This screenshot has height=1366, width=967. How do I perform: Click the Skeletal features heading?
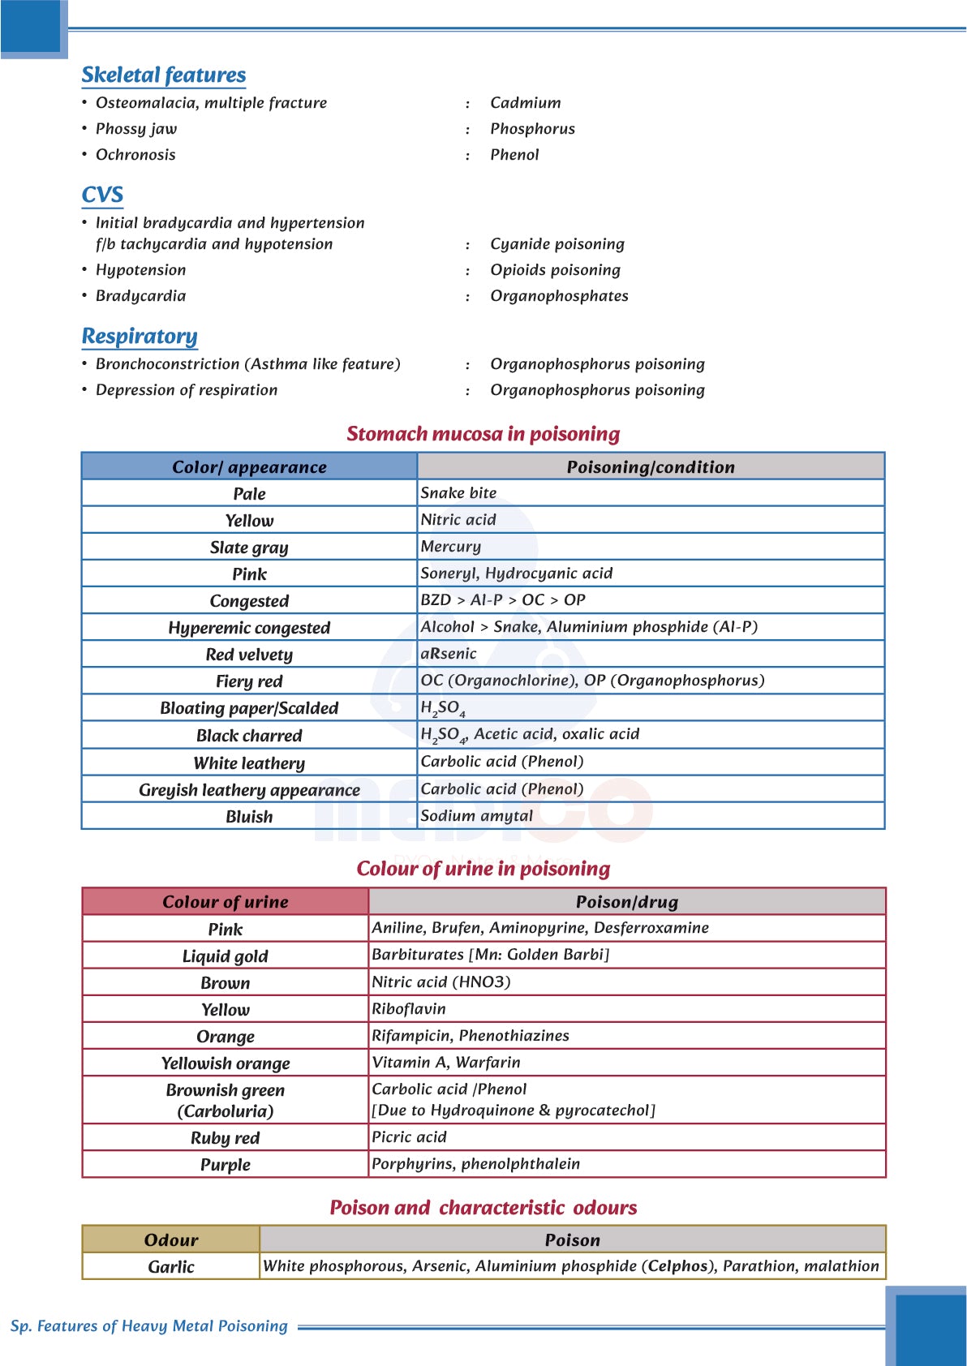point(163,75)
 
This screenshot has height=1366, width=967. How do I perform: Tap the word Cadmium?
point(525,103)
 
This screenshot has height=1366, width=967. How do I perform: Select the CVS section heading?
point(102,195)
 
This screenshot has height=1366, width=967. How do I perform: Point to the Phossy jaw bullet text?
point(135,129)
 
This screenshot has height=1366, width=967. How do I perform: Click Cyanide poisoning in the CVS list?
point(557,244)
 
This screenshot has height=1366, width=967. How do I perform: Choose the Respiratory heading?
point(140,336)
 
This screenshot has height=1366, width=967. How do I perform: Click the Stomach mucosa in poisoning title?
point(483,434)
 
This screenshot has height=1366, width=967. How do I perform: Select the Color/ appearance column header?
point(249,467)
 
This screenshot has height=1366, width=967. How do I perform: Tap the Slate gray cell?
point(249,548)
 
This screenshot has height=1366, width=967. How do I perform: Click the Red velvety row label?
point(249,655)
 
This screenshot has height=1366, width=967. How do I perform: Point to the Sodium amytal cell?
point(476,816)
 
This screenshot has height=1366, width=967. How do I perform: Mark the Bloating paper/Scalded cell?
point(249,708)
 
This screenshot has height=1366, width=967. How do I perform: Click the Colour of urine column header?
point(225,902)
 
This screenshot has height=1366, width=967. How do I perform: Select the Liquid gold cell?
point(225,956)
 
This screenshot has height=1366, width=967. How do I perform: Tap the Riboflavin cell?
point(408,1009)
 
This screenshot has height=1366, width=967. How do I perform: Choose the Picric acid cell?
point(409,1137)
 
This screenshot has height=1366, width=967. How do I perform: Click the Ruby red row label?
point(225,1138)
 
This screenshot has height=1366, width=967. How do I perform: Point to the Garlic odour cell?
point(170,1267)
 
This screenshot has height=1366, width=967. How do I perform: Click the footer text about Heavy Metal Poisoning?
point(148,1326)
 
